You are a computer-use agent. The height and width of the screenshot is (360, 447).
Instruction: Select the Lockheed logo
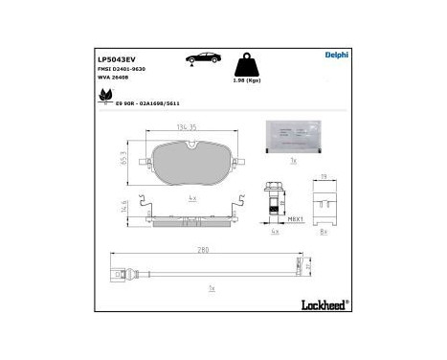tap(324, 304)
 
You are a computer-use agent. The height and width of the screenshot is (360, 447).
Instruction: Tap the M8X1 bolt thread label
tap(297, 218)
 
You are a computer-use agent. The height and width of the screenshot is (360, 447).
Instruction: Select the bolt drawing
tap(275, 202)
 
